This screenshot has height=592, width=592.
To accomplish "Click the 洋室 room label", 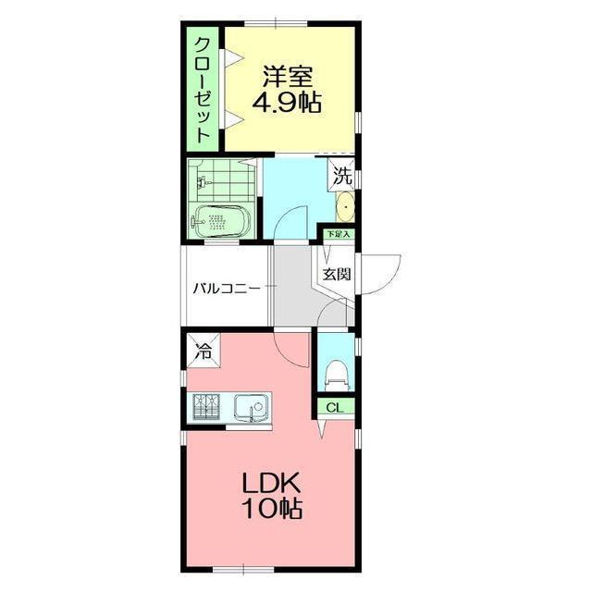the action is (288, 77).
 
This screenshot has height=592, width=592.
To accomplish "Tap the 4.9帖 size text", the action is (287, 103).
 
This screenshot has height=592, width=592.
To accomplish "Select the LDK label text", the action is (271, 483).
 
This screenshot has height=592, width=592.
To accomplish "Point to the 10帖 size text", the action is (274, 509).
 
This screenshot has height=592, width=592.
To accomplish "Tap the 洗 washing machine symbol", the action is (342, 176).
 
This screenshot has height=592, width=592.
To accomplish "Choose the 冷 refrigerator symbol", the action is (203, 351).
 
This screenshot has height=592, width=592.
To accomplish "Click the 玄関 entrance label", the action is (336, 274).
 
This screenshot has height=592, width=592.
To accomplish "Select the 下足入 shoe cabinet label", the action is (339, 234).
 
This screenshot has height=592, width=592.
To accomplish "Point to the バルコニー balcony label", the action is (227, 290).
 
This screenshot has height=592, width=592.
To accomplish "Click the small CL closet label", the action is (335, 407).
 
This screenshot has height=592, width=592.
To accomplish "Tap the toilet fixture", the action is (335, 375).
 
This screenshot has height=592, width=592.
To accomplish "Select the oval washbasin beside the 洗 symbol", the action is (345, 206).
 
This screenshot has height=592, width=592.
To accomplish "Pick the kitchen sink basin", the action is (252, 407).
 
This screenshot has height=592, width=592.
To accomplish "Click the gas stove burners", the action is (206, 407).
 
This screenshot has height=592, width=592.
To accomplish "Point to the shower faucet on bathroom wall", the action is (202, 183).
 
